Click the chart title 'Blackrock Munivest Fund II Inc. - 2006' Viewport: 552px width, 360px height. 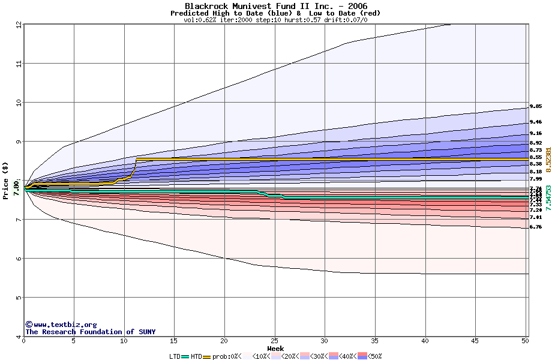click(x=275, y=6)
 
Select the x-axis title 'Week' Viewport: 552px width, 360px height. click(x=275, y=349)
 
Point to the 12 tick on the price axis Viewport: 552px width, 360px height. click(x=19, y=25)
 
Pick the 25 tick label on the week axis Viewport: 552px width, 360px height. click(x=274, y=341)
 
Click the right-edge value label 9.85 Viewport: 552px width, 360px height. click(x=536, y=107)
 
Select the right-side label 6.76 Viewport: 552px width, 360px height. click(x=536, y=227)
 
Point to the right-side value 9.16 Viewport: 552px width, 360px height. click(x=536, y=133)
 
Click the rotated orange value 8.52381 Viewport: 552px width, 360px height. click(x=547, y=160)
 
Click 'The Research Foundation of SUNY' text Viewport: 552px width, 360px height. click(x=90, y=332)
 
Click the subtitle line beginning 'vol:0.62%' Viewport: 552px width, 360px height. click(x=275, y=20)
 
